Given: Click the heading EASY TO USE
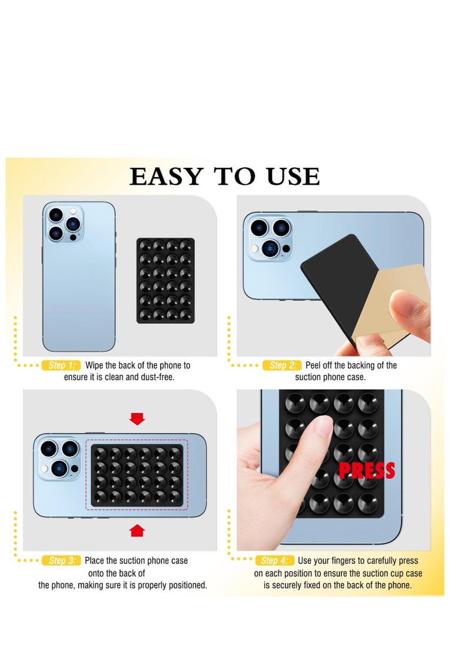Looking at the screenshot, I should pyautogui.click(x=224, y=177).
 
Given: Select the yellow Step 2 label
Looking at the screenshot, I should pyautogui.click(x=281, y=365).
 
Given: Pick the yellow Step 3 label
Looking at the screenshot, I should pyautogui.click(x=61, y=561).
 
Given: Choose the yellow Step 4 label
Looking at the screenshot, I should pyautogui.click(x=274, y=561).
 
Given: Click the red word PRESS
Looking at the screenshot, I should pyautogui.click(x=366, y=471).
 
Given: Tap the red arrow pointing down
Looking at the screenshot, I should pyautogui.click(x=137, y=418).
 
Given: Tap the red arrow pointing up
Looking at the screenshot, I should pyautogui.click(x=137, y=531).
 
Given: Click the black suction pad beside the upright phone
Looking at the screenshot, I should pyautogui.click(x=165, y=280).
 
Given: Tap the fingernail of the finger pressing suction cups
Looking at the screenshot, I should pyautogui.click(x=323, y=425).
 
